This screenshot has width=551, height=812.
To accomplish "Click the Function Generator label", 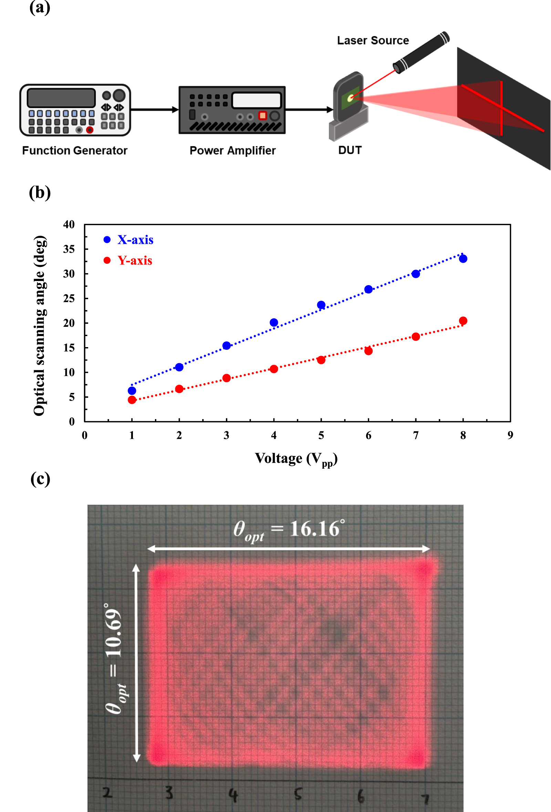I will pos(74,150).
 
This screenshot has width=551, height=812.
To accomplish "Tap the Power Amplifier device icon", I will pos(232,110).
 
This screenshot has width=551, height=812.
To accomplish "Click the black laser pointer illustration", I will pos(421,52).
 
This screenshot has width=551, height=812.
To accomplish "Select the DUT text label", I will pos(350,150).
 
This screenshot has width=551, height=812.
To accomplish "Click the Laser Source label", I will pos(373,41).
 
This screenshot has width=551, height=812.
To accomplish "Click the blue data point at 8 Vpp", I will pos(463,259).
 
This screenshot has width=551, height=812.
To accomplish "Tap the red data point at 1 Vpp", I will pos(132,400).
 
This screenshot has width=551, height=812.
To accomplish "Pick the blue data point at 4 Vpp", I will pos(273,323).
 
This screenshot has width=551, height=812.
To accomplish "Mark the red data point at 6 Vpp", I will pos(368,351).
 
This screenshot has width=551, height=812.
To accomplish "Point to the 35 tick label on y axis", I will pos(69,249).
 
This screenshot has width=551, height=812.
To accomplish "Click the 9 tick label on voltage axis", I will pos(510,435).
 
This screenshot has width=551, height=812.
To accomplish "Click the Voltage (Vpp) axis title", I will pos(295,459).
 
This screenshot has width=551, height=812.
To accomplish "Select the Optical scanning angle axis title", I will pos(40,325).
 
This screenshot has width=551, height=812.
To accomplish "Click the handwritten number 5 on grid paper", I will pos(298,793).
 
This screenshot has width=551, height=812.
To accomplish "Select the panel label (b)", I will pos(40,192).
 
